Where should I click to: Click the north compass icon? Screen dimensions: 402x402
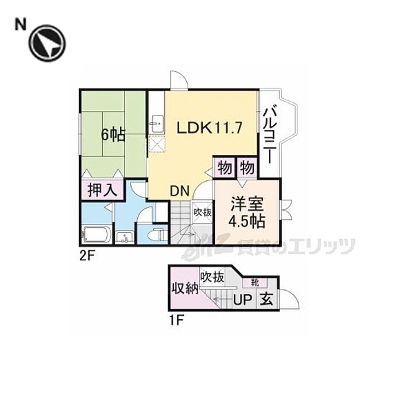tap(48, 44)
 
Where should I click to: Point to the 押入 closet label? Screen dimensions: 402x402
tap(103, 190)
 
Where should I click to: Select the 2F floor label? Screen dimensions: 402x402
tap(88, 256)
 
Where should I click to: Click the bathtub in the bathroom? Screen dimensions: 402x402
tap(96, 235)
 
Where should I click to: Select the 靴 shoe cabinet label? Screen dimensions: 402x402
tap(253, 282)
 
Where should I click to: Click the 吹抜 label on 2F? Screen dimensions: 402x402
tap(202, 212)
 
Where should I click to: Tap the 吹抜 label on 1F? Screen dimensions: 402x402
tap(212, 276)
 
